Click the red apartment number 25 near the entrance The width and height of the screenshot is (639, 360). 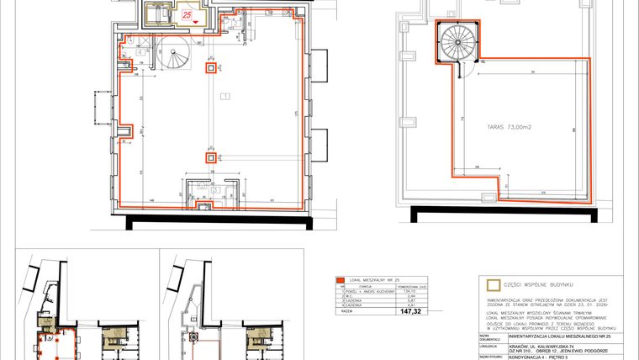[187, 14]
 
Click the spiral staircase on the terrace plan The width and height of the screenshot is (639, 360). [457, 41]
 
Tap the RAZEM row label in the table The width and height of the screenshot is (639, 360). [345, 310]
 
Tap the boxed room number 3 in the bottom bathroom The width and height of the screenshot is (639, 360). [215, 190]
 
